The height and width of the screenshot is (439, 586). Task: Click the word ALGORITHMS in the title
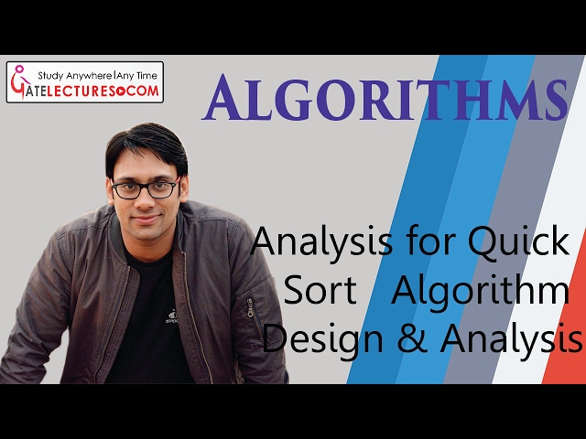click(384, 100)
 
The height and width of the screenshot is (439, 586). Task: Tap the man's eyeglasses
click(144, 189)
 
